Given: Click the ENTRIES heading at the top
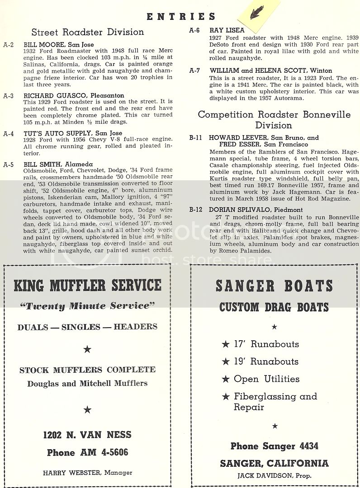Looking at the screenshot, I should coord(180,17).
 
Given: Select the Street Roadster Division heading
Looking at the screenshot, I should coord(88,32).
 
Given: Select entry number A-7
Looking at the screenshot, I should coord(194,70).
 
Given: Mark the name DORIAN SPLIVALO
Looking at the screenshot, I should coord(240,210).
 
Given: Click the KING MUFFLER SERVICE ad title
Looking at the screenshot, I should coord(87,285).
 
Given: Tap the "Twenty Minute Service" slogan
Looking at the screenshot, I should coord(87,306).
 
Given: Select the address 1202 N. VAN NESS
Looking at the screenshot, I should coord(87,435).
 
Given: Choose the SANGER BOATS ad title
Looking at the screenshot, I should coord(274,286).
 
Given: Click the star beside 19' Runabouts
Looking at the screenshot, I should coord(226,361).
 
